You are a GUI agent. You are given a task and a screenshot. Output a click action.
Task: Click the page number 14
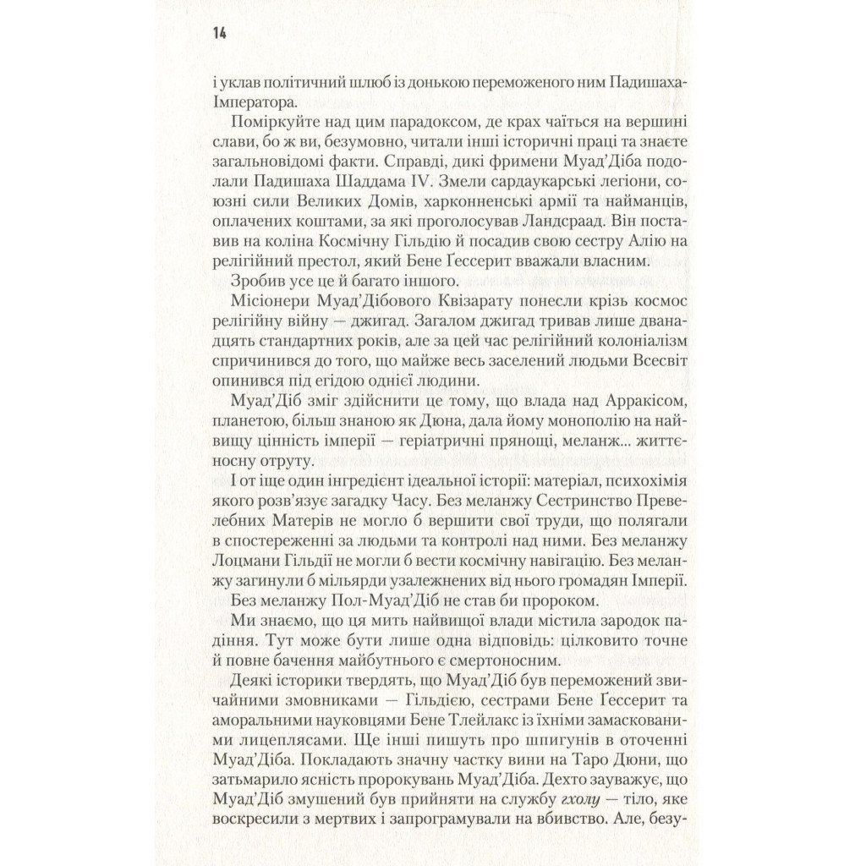[220, 33]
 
